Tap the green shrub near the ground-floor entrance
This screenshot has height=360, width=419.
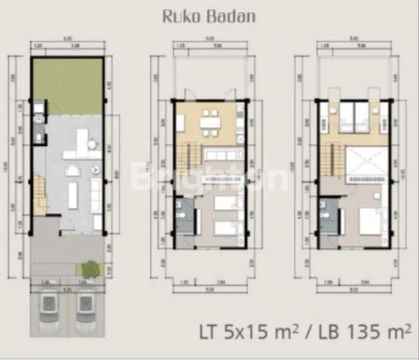coord(89,268)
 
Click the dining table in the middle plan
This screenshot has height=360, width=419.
coord(209,121)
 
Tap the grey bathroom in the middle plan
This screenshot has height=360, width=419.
coord(182,216)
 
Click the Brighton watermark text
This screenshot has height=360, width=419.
coord(209,178)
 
